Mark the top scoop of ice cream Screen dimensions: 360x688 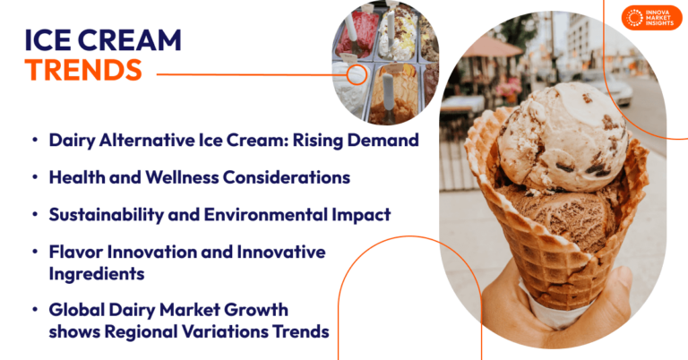[560, 134]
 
